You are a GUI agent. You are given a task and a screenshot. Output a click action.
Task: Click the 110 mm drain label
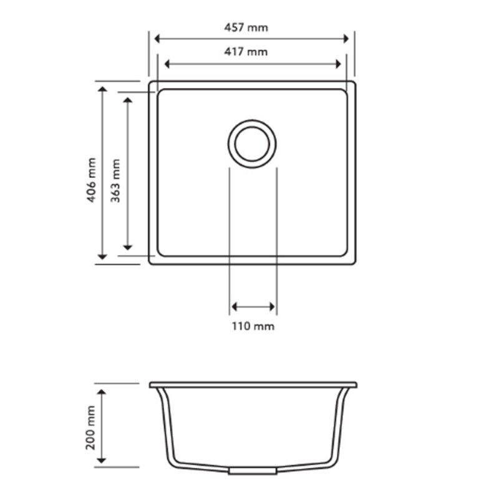(x=253, y=326)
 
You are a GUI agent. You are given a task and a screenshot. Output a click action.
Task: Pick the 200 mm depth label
(x=92, y=425)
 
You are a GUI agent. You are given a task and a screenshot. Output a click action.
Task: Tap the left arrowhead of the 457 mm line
(x=158, y=39)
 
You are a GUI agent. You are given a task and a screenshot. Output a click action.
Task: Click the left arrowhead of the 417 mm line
(x=167, y=63)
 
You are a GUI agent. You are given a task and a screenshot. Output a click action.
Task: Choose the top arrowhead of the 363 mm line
(x=127, y=102)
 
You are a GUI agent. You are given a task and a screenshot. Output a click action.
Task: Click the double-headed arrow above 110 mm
(x=253, y=306)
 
